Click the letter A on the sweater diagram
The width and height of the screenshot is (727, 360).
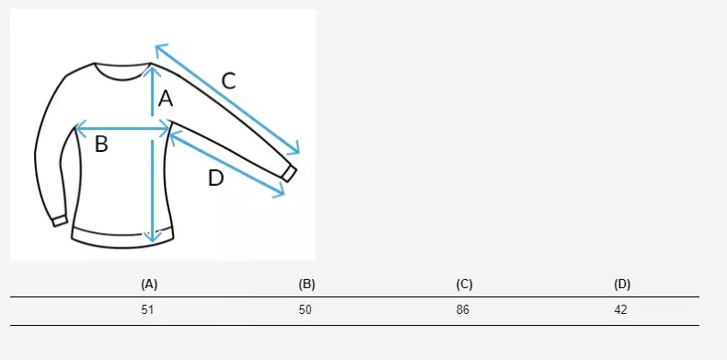point(166,99)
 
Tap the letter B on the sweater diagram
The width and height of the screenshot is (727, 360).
point(101,144)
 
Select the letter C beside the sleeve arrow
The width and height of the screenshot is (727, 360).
point(229,81)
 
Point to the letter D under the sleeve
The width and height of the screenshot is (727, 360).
point(215,178)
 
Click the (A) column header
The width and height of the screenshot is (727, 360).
point(149,285)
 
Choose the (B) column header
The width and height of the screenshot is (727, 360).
point(307,285)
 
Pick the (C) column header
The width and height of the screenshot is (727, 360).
point(464,285)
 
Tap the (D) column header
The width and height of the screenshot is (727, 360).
point(622,285)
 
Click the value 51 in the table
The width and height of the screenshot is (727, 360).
point(147,310)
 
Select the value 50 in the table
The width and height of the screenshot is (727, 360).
point(306,310)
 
